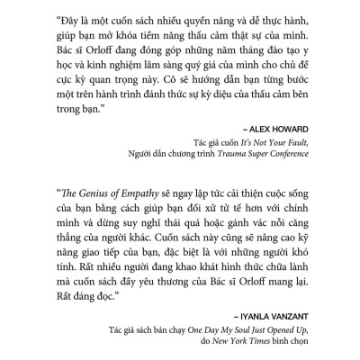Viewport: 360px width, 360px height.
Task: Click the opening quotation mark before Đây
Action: (x=58, y=19)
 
